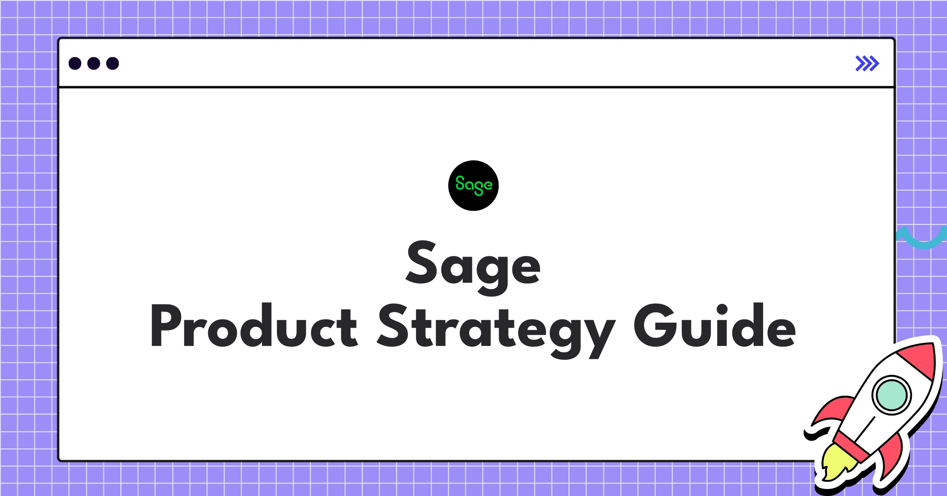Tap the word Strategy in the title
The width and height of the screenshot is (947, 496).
(x=496, y=328)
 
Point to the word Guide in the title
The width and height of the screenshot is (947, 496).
(x=715, y=326)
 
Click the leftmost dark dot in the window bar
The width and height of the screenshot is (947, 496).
(x=75, y=63)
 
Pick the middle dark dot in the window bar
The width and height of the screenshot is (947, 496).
(x=94, y=63)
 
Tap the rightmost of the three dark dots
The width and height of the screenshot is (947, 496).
(x=112, y=63)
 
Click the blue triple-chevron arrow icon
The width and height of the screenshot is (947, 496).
(x=867, y=63)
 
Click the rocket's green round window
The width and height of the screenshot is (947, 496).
(x=891, y=395)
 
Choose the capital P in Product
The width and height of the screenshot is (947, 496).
(x=166, y=326)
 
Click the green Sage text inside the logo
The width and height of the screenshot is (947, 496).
(x=473, y=185)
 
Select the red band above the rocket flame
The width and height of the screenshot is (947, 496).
(x=852, y=446)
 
